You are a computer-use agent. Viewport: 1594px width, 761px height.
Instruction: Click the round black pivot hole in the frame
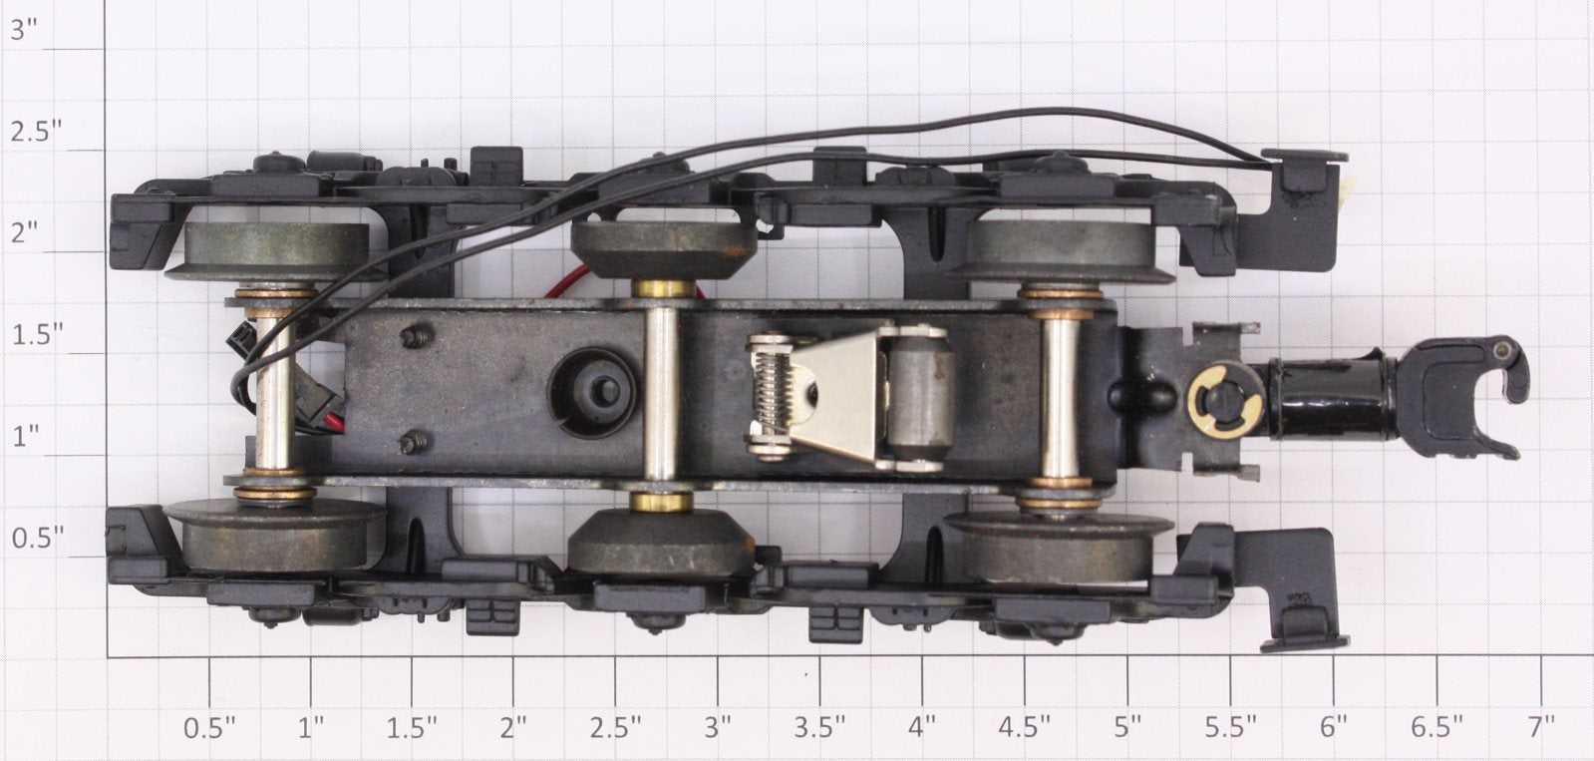(593, 392)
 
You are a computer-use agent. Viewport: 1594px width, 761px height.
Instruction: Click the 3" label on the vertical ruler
(26, 30)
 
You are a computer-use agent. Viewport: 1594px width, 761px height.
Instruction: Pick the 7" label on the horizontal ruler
(1540, 727)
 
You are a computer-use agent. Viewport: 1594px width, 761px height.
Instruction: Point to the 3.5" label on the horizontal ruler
(819, 727)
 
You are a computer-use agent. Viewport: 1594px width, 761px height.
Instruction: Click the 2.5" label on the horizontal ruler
(615, 727)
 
